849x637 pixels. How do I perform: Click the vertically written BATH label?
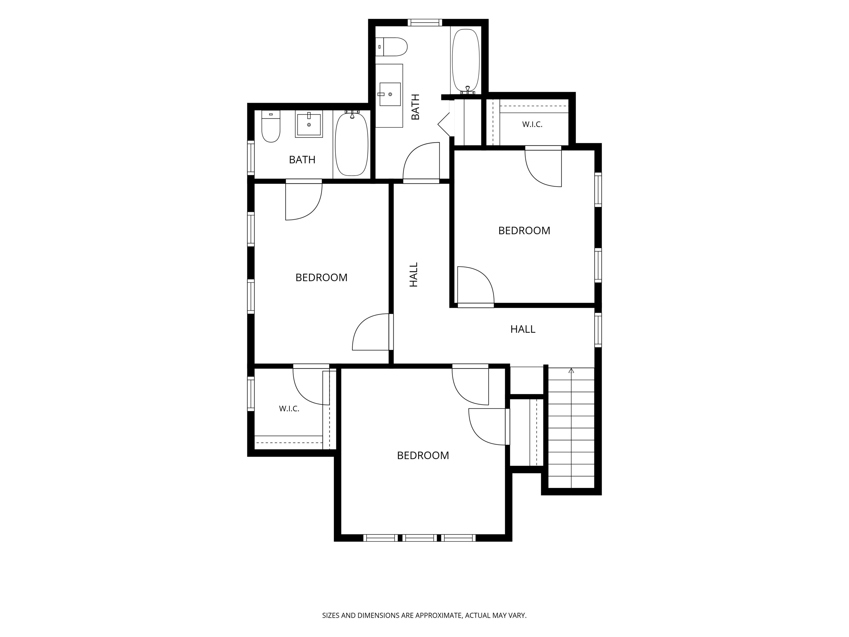[415, 107]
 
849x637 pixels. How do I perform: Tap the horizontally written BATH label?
[302, 160]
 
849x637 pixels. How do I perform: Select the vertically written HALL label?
[413, 275]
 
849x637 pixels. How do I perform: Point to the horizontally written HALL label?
[523, 329]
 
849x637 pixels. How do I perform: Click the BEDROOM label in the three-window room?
[423, 455]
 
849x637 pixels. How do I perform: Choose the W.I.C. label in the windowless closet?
[532, 124]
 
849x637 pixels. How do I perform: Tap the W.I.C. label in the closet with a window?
[289, 409]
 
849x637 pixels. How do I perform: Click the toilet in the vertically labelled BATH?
[391, 47]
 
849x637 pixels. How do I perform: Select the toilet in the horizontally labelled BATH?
[271, 126]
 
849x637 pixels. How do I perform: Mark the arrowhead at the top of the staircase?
[571, 370]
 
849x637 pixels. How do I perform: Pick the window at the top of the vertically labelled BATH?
[424, 23]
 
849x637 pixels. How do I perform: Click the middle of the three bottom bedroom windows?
[420, 538]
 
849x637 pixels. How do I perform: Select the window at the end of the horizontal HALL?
[598, 330]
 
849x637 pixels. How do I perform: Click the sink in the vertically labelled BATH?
[390, 94]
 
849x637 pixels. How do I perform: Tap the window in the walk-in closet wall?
[251, 394]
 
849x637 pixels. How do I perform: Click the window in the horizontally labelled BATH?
[251, 158]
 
